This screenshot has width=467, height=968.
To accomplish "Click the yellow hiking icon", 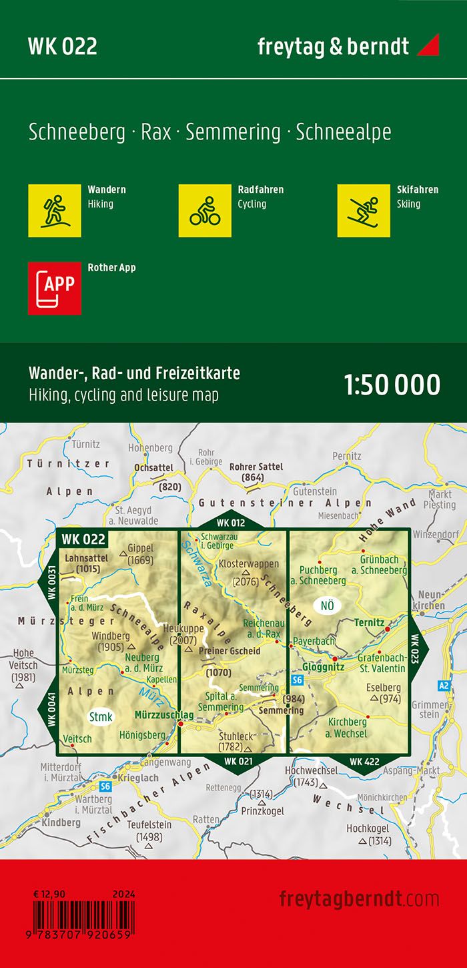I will coord(55,210).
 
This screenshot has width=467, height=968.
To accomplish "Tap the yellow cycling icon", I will coord(205,210).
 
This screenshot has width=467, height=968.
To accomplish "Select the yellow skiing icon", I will coord(364,210).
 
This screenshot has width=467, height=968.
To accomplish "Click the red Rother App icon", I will coord(55,288).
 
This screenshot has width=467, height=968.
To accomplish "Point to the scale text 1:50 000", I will coord(392,385).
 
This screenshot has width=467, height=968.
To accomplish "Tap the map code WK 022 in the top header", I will coord(63,46).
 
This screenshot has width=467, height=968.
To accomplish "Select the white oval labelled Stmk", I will coord(101,716).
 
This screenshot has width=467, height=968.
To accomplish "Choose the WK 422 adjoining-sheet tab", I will coord(364,761).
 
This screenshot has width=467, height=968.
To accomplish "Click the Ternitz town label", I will coord(370,622).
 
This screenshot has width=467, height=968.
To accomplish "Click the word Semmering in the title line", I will coord(233,132).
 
